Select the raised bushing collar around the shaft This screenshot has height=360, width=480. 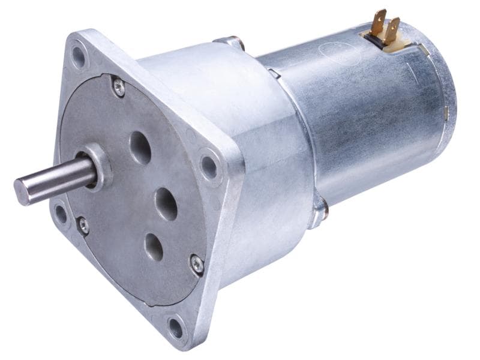(x=100, y=165)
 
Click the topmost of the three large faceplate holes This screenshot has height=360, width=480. (x=140, y=148)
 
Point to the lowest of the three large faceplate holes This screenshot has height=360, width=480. (x=154, y=246)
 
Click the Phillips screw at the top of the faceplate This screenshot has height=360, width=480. (x=119, y=88)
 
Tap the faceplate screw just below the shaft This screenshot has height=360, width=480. (x=83, y=226)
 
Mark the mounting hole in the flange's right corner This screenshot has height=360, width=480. (x=209, y=166)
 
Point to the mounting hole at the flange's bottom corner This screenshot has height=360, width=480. (x=176, y=328)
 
